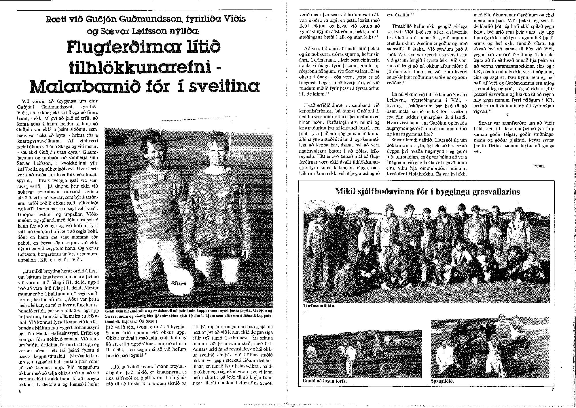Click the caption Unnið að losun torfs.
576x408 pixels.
coord(325,381)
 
